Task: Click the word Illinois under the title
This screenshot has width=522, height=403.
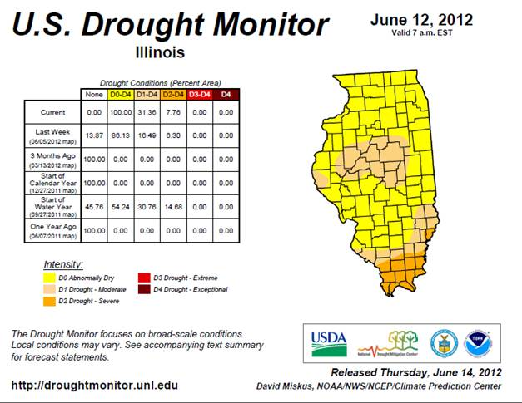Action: coord(159,52)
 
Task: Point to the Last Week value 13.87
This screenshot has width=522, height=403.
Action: coord(95,135)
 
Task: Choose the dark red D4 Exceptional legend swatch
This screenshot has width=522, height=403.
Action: coord(146,289)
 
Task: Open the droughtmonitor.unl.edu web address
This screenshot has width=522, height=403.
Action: coord(95,386)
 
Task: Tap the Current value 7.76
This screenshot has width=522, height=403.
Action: coord(174,112)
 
